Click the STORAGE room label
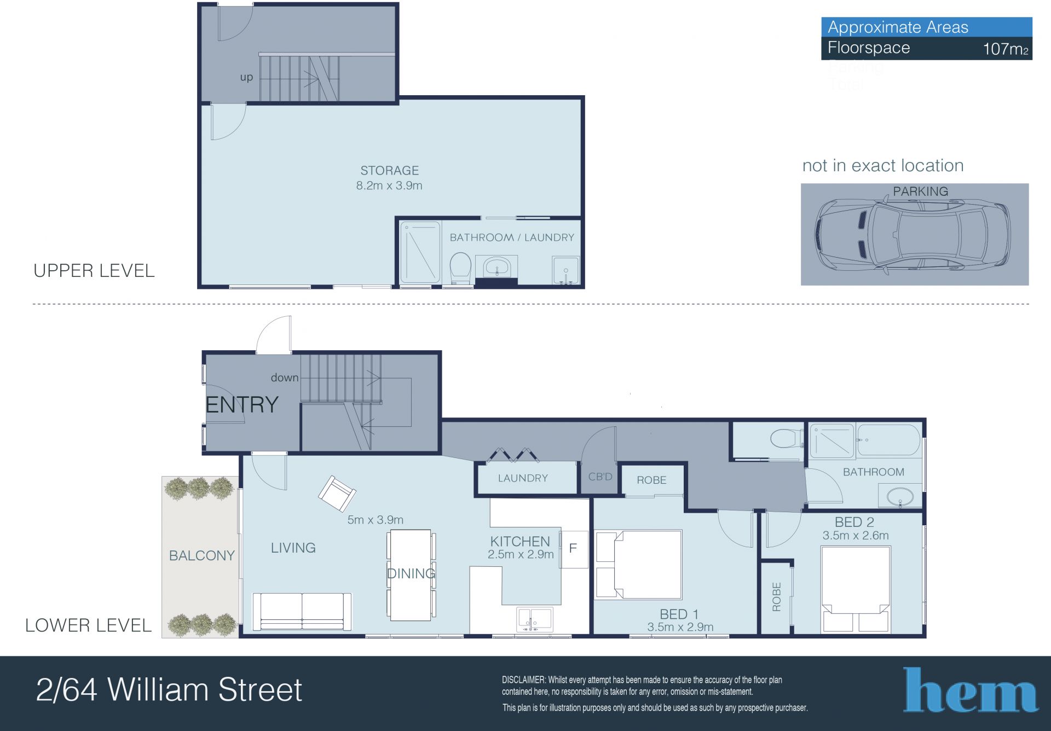[x=389, y=171]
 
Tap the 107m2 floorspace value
[x=1006, y=49]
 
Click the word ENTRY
[x=242, y=405]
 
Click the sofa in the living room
[x=302, y=612]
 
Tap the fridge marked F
[x=573, y=549]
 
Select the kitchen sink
[x=534, y=619]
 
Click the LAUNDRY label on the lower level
[x=523, y=478]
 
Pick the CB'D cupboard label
[x=600, y=477]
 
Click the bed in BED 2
[x=856, y=589]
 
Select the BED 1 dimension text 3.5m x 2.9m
[x=680, y=627]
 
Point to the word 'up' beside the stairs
[x=246, y=78]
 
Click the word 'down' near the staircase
[x=285, y=378]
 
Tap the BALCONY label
[x=202, y=555]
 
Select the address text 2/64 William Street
[x=169, y=689]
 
